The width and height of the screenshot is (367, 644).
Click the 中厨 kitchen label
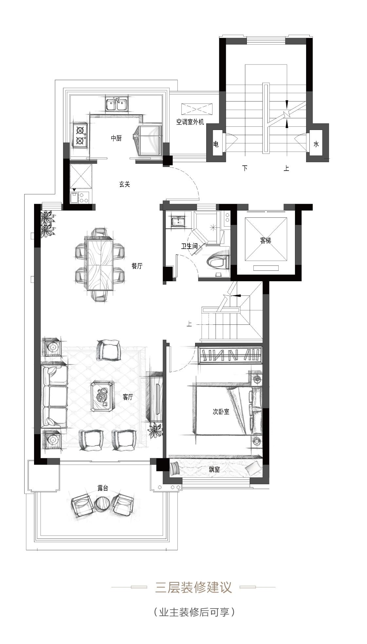(x=116, y=138)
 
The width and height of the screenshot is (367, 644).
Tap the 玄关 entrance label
(x=124, y=184)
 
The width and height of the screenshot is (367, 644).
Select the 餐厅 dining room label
(x=137, y=266)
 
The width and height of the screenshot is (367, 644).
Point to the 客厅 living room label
(x=128, y=397)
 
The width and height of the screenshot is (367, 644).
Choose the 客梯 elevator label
(x=266, y=241)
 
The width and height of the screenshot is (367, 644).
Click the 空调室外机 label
(x=190, y=122)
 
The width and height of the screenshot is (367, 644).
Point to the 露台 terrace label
(x=103, y=488)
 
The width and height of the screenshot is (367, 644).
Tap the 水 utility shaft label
(x=316, y=144)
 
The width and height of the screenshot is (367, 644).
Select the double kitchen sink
(x=117, y=104)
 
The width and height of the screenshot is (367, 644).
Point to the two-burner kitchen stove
(x=80, y=136)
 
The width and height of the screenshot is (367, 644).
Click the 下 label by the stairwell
(x=245, y=168)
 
